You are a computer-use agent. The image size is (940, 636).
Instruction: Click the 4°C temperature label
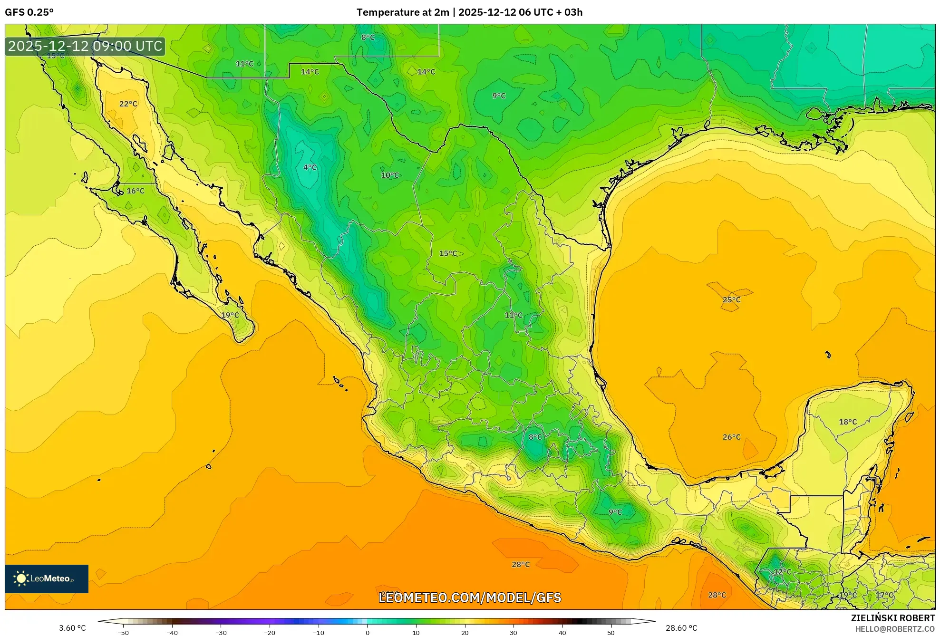coord(310,167)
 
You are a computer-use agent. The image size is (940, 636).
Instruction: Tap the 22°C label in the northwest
coord(128,104)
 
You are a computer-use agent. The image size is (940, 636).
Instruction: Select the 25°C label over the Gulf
coord(731,300)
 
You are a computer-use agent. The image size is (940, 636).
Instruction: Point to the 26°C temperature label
coord(731,437)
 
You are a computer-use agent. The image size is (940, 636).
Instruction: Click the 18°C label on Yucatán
coord(848,422)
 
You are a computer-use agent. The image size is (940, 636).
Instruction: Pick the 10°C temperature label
coord(390,175)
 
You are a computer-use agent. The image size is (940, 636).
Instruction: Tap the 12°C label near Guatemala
coord(783,572)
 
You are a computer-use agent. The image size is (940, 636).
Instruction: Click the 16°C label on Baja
coord(136,191)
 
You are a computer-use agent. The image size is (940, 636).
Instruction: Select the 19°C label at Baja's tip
coord(230,315)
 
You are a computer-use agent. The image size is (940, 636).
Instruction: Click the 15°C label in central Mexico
coord(448,253)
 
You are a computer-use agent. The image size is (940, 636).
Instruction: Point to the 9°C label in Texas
coord(499,96)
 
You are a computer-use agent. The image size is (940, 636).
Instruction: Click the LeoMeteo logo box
coord(47,578)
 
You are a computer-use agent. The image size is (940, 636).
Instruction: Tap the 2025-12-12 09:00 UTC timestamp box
coord(85,46)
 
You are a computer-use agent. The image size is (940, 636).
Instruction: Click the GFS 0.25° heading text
coord(29,12)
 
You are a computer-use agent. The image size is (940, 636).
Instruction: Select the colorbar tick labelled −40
coord(172,632)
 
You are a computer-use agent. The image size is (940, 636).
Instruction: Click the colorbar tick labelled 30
coord(514,632)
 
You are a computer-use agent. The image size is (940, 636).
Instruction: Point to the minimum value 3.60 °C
coord(72,628)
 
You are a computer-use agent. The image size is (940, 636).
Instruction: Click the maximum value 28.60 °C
coord(681,628)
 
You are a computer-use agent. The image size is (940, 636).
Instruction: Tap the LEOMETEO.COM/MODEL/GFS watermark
coord(470,597)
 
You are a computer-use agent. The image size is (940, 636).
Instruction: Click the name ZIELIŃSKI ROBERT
coord(892,618)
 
